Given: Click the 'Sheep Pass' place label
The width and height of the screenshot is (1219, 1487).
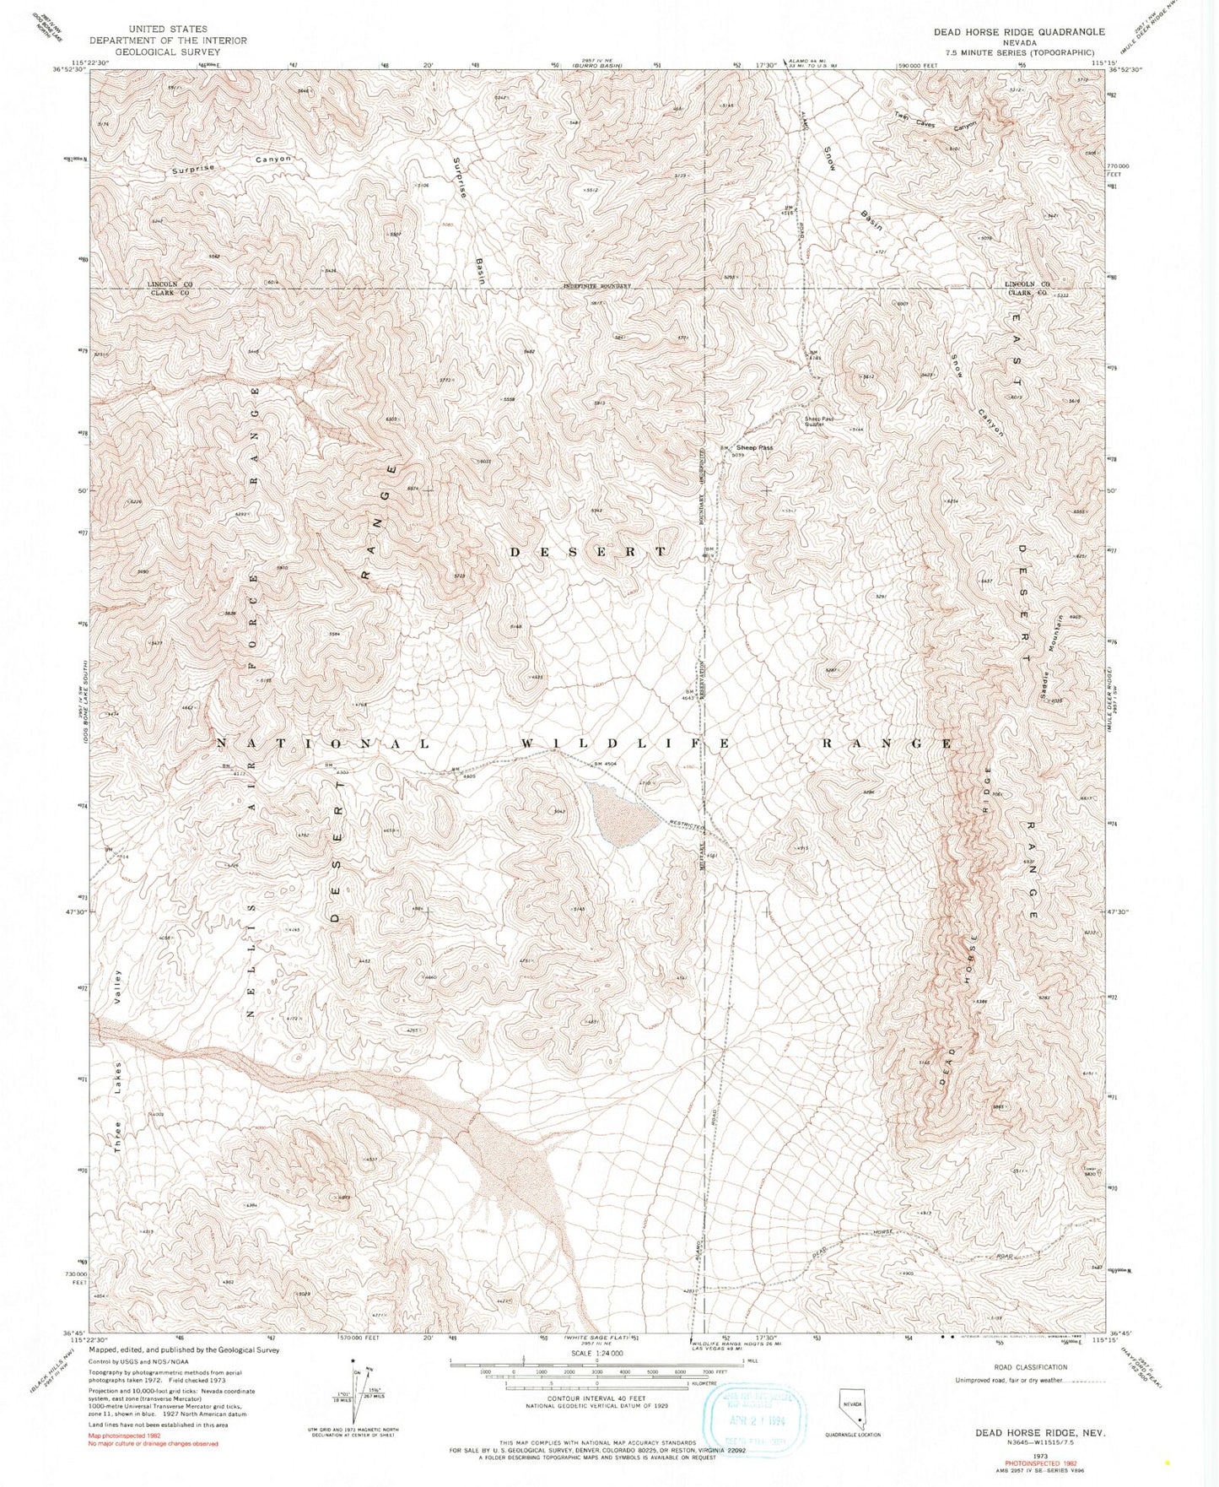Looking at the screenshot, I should coord(754,447).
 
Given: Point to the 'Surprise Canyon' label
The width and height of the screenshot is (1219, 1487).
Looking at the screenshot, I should coord(231,164).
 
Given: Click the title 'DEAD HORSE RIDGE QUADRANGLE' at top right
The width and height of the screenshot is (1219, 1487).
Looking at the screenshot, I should coord(1018,31).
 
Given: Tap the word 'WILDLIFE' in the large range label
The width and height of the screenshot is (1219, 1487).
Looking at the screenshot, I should coord(623,743).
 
